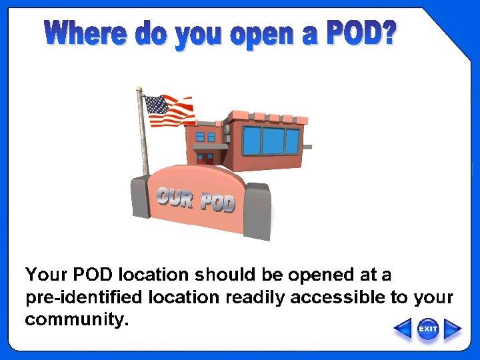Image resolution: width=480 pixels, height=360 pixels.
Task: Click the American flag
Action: (x=169, y=111)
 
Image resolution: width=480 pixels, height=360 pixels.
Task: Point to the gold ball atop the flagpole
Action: (x=139, y=88)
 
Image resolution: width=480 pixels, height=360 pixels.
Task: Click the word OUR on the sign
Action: (x=175, y=198)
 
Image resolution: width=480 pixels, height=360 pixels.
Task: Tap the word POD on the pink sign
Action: (x=218, y=202)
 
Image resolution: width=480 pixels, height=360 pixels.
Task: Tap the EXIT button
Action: (x=427, y=329)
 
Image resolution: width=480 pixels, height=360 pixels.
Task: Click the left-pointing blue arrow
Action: (x=403, y=329)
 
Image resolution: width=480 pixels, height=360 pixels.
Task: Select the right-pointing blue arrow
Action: (x=453, y=329)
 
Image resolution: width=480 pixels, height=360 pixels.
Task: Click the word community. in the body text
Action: (x=76, y=320)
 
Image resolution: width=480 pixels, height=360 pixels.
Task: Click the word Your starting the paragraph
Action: (x=45, y=275)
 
